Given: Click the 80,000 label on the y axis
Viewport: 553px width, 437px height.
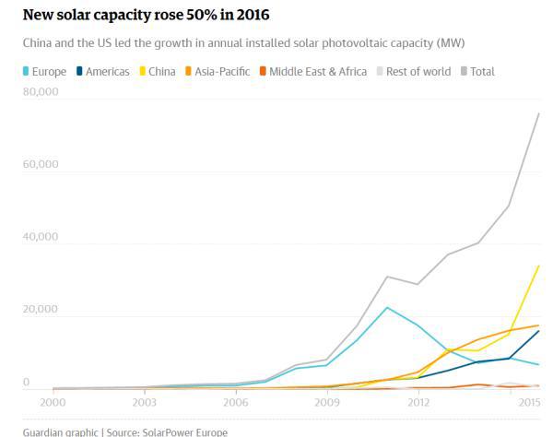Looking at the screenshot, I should (x=40, y=92).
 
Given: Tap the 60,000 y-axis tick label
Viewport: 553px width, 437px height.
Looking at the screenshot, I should (x=40, y=165).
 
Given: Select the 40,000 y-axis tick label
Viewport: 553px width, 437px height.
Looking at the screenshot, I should (x=40, y=237).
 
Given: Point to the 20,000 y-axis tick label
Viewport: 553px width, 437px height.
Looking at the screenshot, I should (x=40, y=310).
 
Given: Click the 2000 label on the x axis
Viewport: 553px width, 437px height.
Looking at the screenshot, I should (x=53, y=403).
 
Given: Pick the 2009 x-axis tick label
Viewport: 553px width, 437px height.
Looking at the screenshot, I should (x=327, y=403).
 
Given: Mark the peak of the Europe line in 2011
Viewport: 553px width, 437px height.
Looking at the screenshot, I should (x=387, y=307).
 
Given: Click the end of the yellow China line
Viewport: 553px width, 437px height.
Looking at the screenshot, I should (x=538, y=266).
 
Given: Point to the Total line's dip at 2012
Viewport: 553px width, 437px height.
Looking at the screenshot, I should (x=418, y=284).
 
